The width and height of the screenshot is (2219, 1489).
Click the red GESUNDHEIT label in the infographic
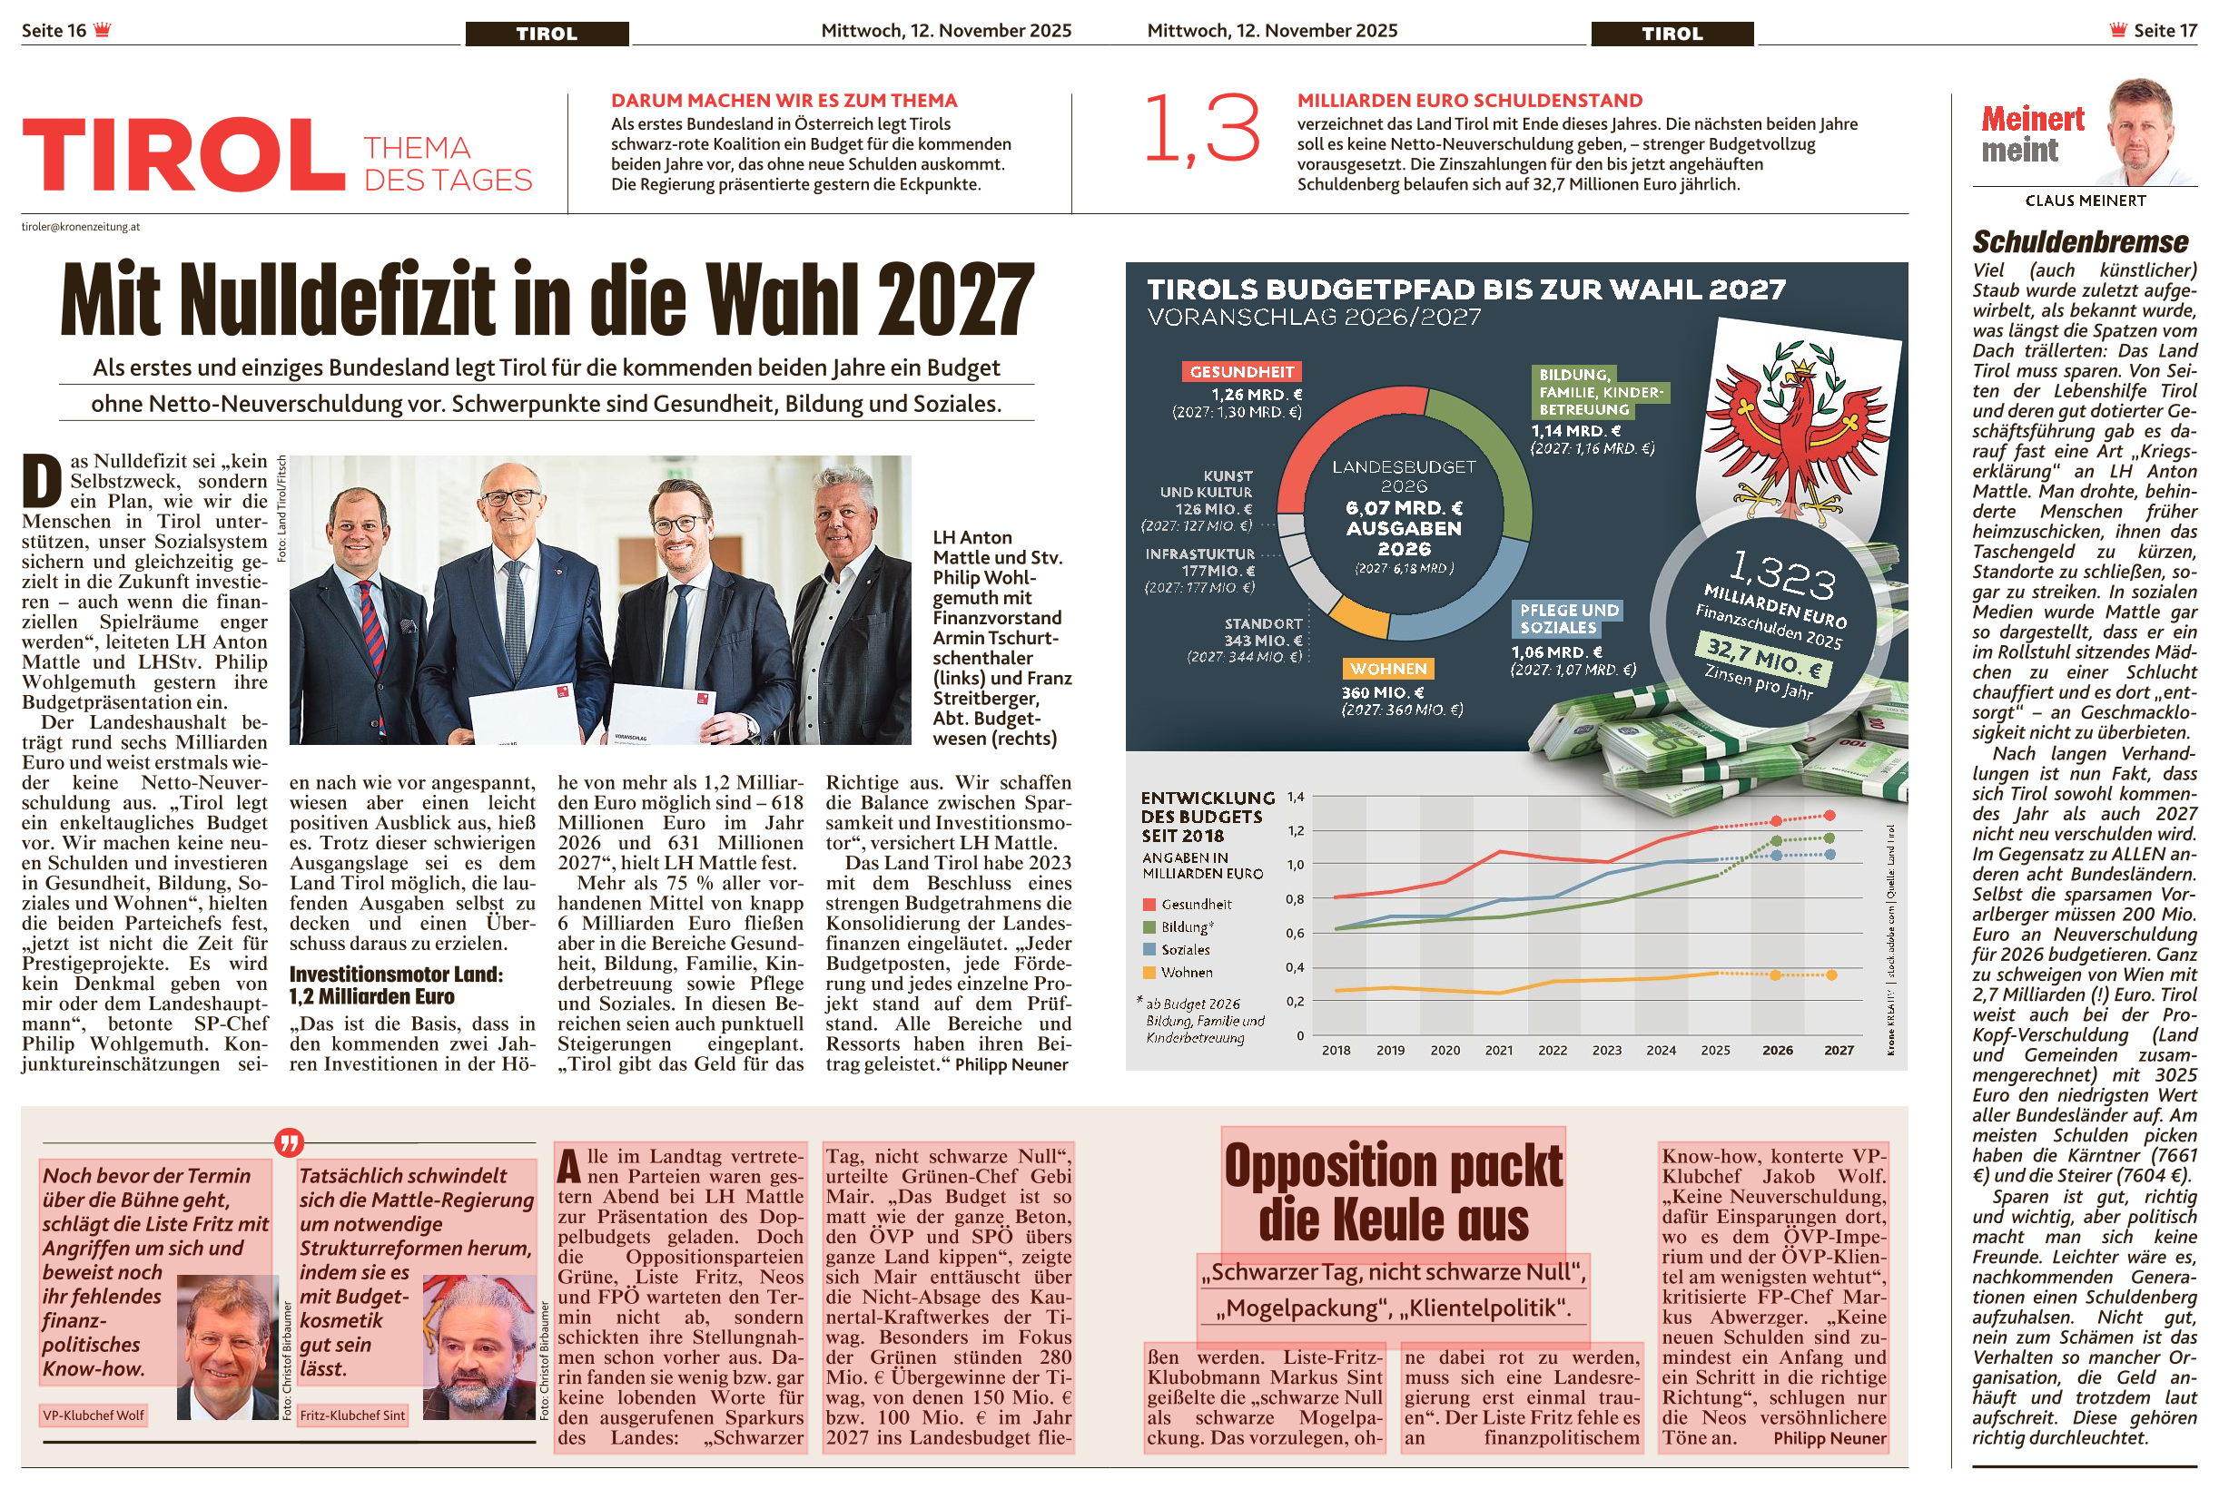(1241, 371)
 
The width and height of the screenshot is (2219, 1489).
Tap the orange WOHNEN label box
(1388, 669)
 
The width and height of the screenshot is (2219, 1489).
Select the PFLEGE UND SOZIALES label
(1567, 618)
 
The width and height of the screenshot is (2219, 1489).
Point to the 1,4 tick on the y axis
(1296, 797)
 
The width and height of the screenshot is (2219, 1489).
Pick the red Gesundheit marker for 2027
(1829, 816)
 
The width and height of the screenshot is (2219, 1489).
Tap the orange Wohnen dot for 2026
(1775, 975)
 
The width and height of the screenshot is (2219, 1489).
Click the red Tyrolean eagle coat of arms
(1795, 427)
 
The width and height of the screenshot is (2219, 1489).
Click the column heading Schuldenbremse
(2080, 242)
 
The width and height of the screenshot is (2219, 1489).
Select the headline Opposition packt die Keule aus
(1393, 1191)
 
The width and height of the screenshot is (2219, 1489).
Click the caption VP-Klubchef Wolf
(94, 1415)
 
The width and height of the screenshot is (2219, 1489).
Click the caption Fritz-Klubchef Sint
(352, 1415)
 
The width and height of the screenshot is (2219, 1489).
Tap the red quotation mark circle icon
(289, 1141)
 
